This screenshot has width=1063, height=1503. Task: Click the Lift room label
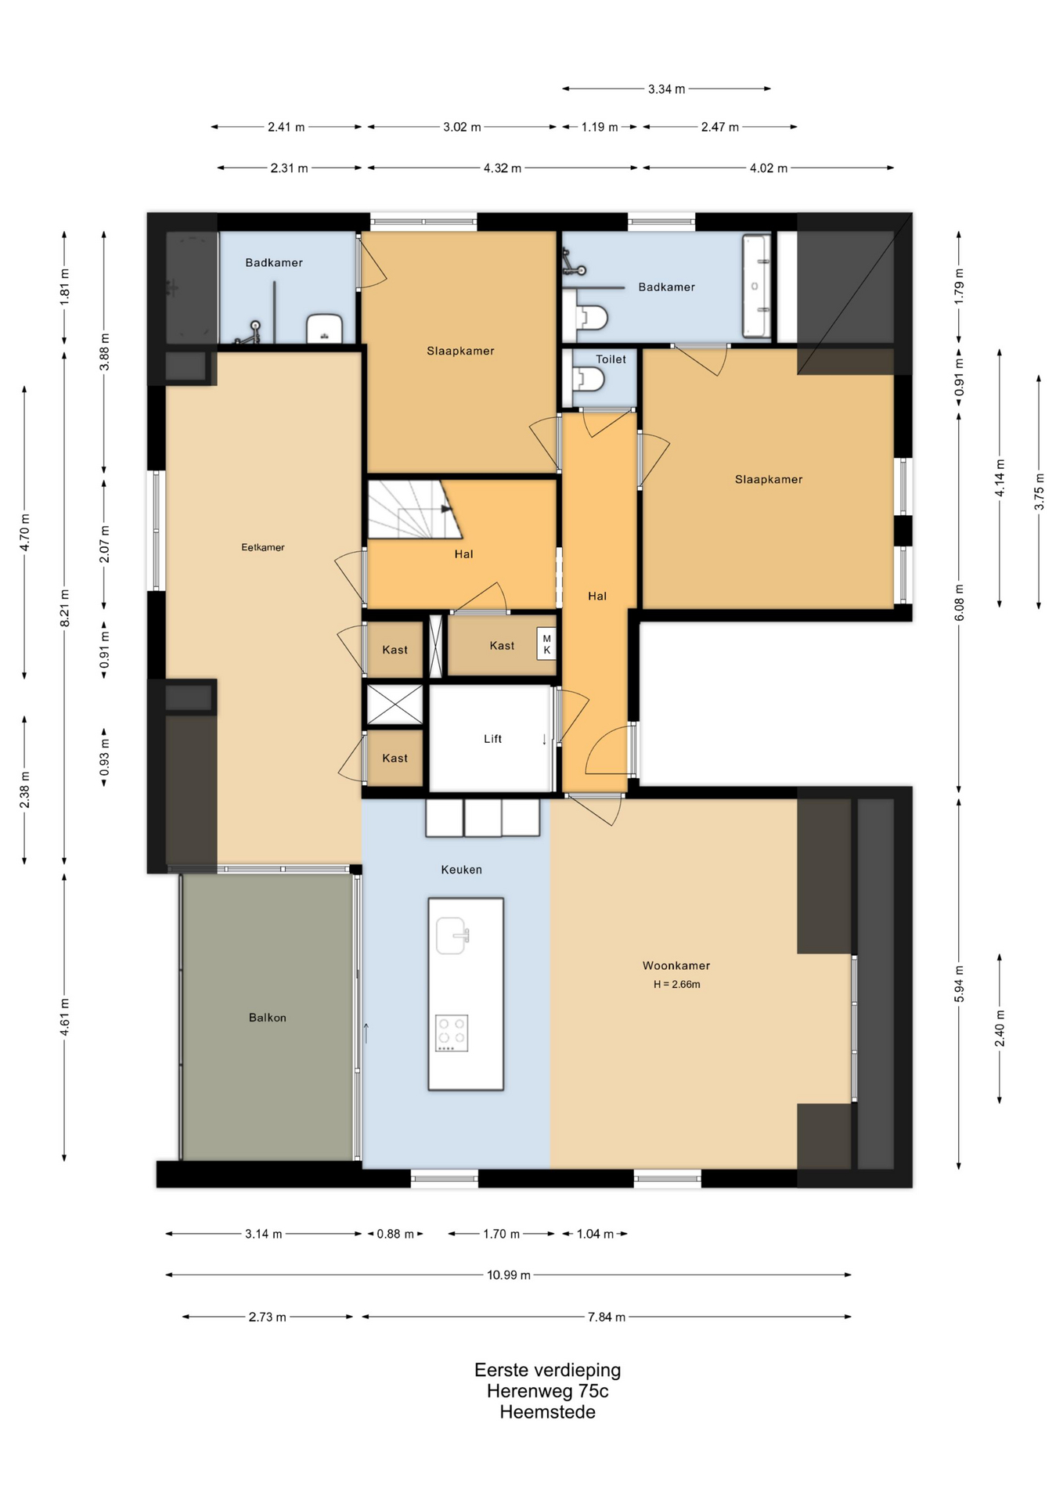492,739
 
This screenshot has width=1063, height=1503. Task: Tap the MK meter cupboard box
546,644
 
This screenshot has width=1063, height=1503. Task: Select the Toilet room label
611,359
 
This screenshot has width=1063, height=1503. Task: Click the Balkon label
268,1018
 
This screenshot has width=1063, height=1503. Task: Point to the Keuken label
461,870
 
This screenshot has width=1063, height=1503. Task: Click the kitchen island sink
452,935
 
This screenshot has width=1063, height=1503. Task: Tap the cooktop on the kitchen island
452,1033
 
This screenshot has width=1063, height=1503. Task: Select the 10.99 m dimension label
509,1275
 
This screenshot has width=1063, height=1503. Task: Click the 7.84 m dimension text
607,1317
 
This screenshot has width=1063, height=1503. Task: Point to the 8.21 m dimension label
65,608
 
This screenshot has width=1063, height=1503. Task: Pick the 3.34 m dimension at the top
666,89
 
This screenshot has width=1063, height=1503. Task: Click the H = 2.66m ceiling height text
677,985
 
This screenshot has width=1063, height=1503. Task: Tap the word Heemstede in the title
548,1412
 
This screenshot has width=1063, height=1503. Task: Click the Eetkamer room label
263,547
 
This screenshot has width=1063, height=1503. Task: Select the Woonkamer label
676,966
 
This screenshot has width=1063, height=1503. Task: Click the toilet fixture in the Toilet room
589,380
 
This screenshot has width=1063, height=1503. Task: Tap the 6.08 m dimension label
959,603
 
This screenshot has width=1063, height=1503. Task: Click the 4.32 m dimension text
503,168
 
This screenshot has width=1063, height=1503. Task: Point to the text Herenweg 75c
548,1391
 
